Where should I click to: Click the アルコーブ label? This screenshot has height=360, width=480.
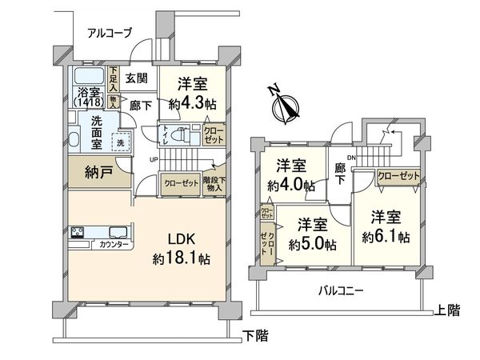pyautogui.click(x=110, y=33)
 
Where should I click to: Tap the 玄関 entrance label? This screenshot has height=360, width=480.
pyautogui.click(x=137, y=78)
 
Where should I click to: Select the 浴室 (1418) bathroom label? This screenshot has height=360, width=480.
pyautogui.click(x=87, y=97)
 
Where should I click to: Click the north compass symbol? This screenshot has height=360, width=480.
pyautogui.click(x=282, y=104)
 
